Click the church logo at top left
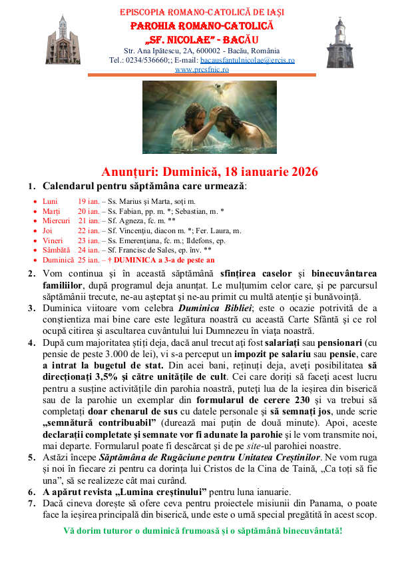pos(57,39)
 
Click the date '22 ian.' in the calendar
pos(90,231)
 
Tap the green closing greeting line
pos(203,531)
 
